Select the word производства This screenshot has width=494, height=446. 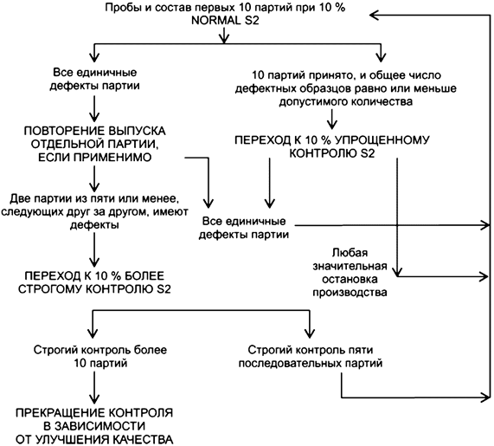tap(346, 293)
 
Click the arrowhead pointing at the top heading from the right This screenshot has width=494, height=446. tap(375, 14)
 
